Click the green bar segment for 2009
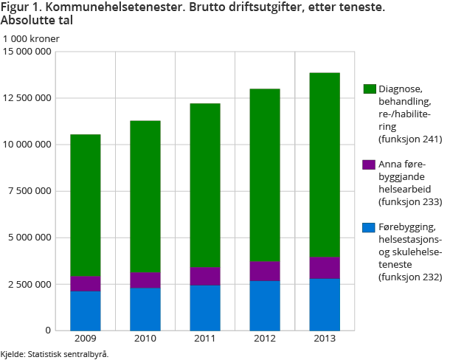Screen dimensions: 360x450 (x=86, y=205)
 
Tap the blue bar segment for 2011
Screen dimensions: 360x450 (x=204, y=307)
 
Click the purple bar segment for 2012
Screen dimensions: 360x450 (x=264, y=271)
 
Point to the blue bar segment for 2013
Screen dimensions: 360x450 (x=324, y=304)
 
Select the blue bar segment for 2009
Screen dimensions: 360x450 (x=86, y=310)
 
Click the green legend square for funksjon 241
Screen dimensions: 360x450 (x=370, y=89)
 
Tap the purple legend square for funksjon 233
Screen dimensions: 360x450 (x=370, y=164)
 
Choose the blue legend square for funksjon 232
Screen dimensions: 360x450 (x=370, y=226)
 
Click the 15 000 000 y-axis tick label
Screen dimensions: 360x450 (x=27, y=52)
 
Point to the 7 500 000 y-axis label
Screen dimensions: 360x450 (x=30, y=190)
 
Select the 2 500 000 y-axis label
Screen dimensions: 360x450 (x=30, y=284)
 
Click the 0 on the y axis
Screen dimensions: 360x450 (x=48, y=330)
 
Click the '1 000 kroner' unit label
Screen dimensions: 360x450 (x=31, y=38)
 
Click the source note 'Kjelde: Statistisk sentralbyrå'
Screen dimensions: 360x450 (x=55, y=354)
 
